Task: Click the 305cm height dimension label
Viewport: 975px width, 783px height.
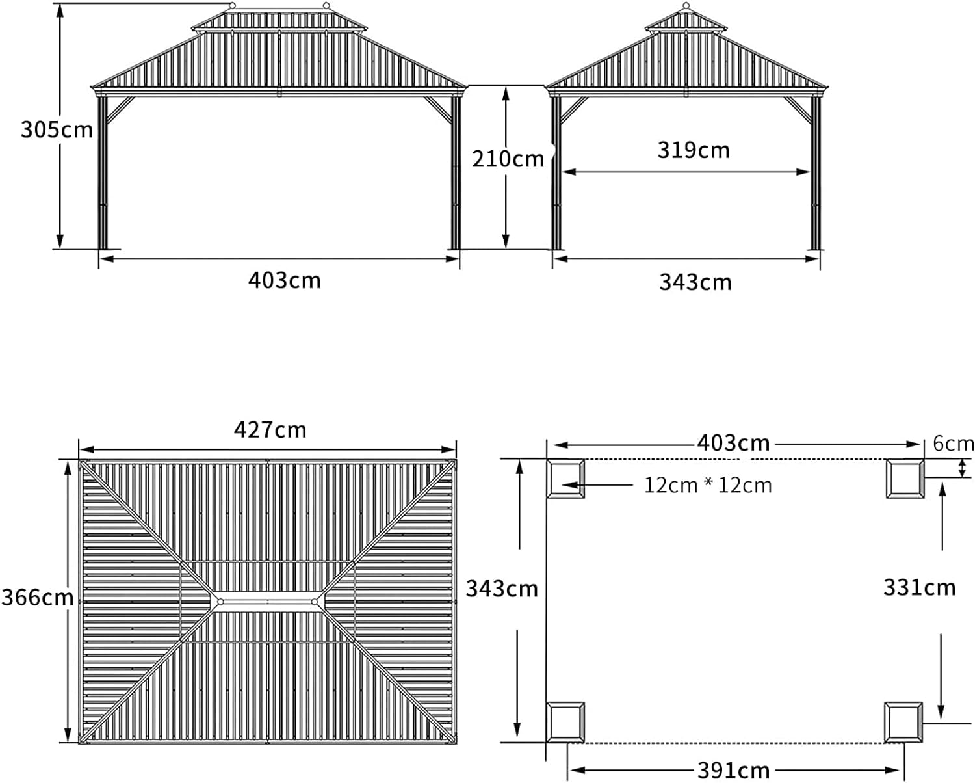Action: tap(57, 129)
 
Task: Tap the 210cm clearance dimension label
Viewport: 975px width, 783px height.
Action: tap(508, 159)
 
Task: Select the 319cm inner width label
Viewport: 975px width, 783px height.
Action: tap(693, 150)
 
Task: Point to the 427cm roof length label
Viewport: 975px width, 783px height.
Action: tap(270, 430)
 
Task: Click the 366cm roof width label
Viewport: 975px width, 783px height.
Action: tap(37, 597)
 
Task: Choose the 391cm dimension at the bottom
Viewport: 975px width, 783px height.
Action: tap(733, 771)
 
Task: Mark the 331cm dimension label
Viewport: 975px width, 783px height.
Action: tap(919, 588)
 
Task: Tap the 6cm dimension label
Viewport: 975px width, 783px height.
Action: tap(953, 444)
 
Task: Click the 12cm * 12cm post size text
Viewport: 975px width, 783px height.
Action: tap(707, 485)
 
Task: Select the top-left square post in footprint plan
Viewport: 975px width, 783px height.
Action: tap(565, 479)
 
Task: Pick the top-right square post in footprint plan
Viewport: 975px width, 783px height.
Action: tap(905, 479)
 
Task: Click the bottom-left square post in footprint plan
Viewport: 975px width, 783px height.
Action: tap(565, 722)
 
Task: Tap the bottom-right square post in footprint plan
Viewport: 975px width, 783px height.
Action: tap(903, 722)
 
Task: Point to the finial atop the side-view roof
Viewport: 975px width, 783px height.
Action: tap(686, 7)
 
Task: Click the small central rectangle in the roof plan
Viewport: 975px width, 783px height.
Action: tap(267, 602)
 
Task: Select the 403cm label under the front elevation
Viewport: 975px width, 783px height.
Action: tap(284, 280)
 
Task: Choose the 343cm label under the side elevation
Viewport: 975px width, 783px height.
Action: tap(695, 282)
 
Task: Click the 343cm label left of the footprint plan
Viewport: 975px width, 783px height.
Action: tap(502, 589)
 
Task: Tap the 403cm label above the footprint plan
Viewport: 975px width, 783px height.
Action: tap(733, 444)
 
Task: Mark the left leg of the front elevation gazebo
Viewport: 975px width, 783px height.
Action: tap(102, 172)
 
